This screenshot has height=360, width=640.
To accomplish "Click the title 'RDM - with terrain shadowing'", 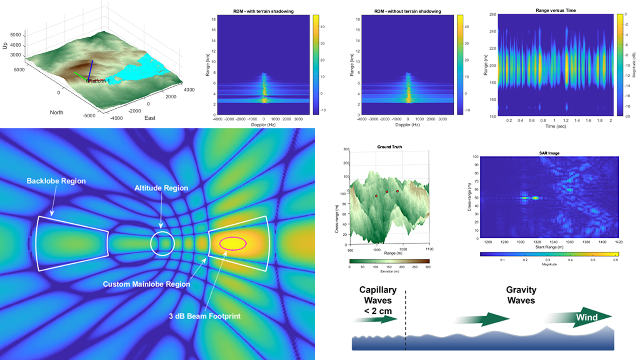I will tap(263, 11).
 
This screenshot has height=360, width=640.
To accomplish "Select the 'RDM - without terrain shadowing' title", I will tap(407, 11).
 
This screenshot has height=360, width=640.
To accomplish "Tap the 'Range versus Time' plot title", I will tap(556, 10).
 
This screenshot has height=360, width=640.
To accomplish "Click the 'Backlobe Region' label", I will tap(56, 181).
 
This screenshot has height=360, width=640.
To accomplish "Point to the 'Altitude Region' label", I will tap(161, 188).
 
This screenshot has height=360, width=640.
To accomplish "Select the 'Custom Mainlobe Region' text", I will tap(146, 284).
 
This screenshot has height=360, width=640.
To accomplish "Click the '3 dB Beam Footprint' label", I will tap(205, 316).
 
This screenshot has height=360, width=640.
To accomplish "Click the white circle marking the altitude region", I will tap(162, 243).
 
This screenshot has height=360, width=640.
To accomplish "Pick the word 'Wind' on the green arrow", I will tap(587, 317).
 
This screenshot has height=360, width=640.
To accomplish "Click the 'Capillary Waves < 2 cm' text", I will tap(378, 300).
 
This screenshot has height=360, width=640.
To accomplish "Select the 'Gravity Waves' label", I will tap(521, 295).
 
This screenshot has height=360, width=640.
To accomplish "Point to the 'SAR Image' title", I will tap(549, 153).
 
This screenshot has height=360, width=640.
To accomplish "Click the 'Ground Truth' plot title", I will tap(390, 147).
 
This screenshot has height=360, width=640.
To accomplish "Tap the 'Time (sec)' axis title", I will tap(556, 126).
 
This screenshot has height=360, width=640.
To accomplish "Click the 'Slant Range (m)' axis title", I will tap(549, 247).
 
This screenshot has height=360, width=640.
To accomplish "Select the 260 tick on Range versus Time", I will tap(492, 15).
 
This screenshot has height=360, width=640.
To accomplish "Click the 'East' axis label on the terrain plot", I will tap(150, 118).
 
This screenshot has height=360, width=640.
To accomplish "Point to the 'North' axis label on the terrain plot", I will tap(57, 112).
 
